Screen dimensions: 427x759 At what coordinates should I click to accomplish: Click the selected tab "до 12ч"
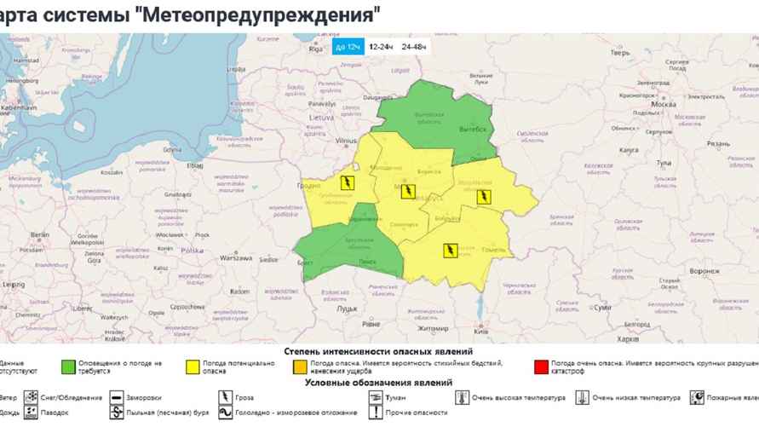tap(347, 46)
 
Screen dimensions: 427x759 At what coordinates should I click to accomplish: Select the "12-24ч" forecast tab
tap(381, 46)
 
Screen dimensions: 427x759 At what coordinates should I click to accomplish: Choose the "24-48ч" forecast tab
tap(415, 46)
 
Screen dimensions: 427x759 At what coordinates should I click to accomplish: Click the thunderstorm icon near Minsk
tap(409, 191)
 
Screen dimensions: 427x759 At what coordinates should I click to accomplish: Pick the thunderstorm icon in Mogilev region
tap(483, 198)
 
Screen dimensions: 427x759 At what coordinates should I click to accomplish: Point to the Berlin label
tap(38, 234)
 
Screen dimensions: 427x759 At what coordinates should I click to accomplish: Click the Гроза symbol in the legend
tap(225, 397)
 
